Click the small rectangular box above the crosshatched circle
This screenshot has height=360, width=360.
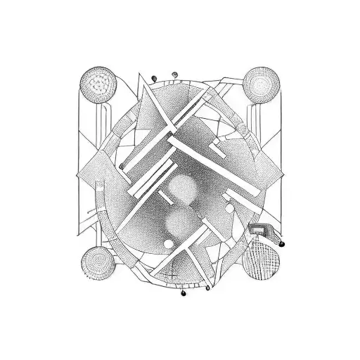click(x=258, y=229)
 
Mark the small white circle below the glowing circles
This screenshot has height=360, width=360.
click(x=169, y=244)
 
